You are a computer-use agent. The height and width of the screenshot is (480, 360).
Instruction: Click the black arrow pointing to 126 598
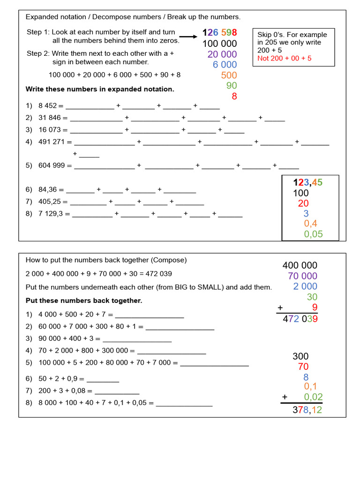point(188,37)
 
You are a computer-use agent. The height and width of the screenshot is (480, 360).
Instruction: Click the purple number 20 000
point(222,54)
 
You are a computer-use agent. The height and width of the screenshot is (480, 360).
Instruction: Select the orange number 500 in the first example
point(229,75)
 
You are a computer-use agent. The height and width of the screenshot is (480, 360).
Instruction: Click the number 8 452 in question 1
point(48,106)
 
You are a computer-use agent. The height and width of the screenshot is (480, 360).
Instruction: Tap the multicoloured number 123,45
point(308,183)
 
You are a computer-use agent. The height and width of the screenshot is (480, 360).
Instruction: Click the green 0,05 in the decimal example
point(313,234)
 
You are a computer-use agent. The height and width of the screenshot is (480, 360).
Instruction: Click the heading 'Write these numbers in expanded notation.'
point(100,89)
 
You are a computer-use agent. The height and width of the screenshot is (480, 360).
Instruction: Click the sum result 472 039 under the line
point(300,319)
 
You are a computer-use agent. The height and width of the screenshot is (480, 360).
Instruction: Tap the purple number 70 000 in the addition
point(302,276)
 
